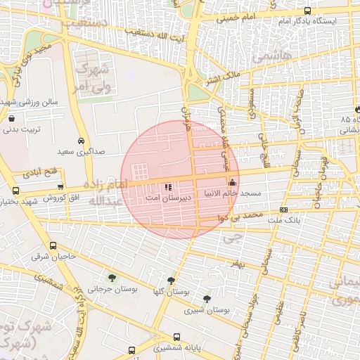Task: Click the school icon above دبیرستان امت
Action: (167, 187)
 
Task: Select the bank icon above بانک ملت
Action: (283, 210)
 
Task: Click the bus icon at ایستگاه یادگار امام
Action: (307, 11)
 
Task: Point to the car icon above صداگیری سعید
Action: (82, 140)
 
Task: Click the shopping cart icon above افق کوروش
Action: (60, 187)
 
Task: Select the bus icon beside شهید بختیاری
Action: (15, 191)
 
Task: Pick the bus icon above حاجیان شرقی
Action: (53, 245)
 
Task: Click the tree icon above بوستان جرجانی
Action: (112, 278)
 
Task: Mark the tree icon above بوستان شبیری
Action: (207, 299)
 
